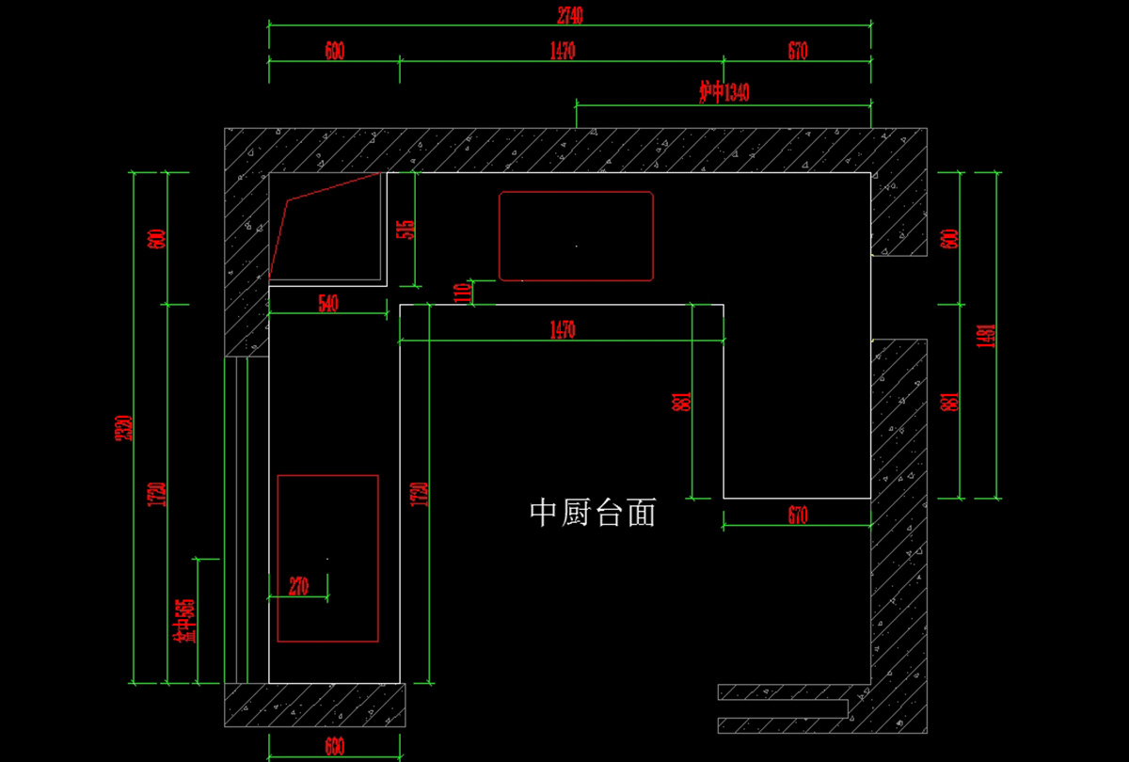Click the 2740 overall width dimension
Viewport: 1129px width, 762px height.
click(570, 14)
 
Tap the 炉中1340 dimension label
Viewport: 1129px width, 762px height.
click(724, 92)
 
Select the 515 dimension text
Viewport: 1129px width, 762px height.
click(406, 230)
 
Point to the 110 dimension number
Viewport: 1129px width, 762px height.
click(462, 293)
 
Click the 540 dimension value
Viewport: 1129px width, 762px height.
click(328, 303)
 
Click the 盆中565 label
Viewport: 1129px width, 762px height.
click(185, 621)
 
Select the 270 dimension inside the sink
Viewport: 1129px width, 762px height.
click(298, 587)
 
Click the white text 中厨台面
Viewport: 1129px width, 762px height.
click(593, 513)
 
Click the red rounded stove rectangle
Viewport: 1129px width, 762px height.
click(576, 236)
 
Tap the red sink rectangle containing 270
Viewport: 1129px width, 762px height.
click(327, 558)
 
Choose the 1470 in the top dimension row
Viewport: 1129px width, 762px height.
click(563, 51)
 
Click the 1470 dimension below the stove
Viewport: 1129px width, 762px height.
click(563, 329)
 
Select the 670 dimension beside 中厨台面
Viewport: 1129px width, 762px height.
click(798, 515)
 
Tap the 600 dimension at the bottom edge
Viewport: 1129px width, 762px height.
click(334, 748)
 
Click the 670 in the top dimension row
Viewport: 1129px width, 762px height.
click(798, 51)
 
